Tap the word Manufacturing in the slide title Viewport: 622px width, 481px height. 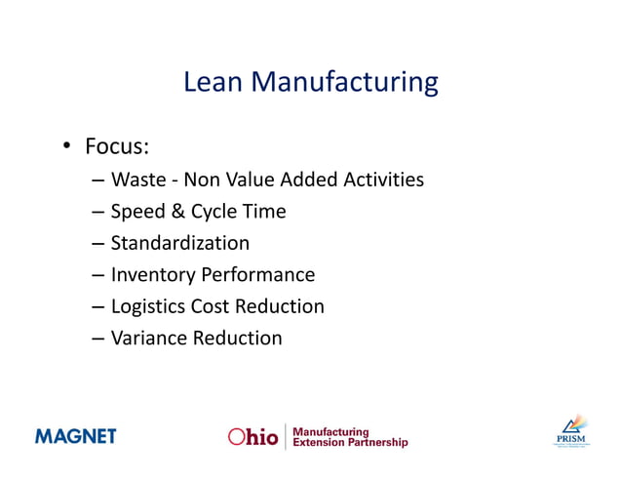coord(345,83)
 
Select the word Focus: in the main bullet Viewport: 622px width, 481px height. coord(117,147)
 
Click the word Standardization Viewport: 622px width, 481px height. coord(180,243)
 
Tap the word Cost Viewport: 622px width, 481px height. coord(211,306)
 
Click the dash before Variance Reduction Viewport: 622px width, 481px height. coord(99,340)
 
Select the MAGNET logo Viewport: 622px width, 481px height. coord(76,435)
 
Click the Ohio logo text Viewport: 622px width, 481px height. coord(253,436)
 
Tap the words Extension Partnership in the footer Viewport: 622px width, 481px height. coord(350,443)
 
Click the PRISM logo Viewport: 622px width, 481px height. coord(571,431)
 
